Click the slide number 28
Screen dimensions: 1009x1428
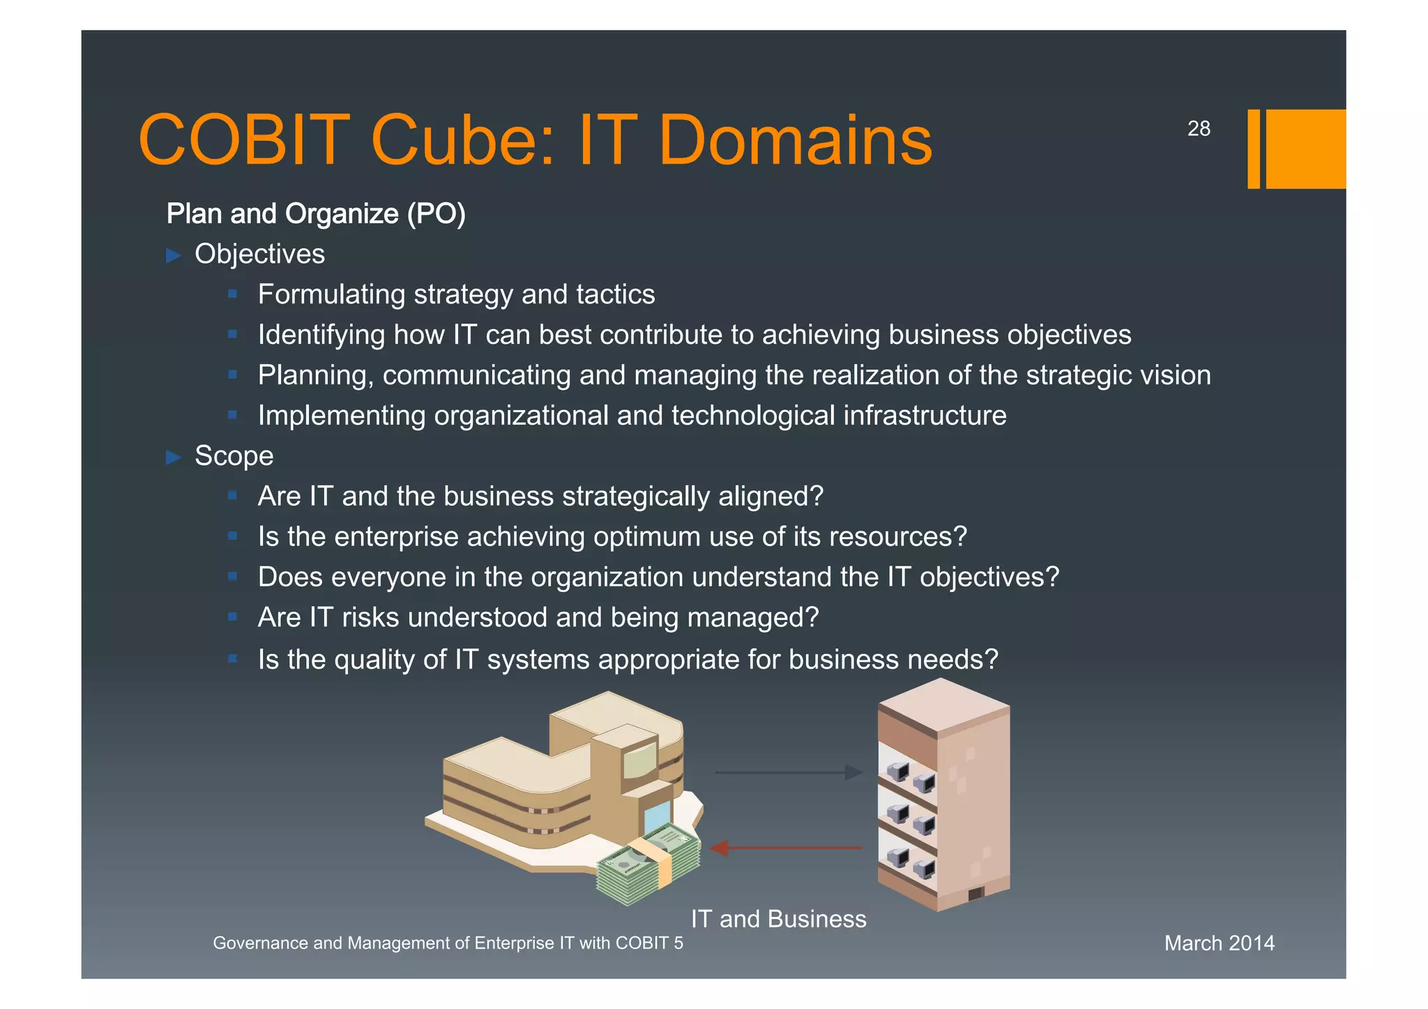point(1199,129)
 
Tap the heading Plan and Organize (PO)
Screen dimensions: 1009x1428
point(316,213)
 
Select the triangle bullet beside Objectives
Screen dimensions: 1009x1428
point(174,255)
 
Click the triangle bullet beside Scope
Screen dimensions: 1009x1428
point(174,457)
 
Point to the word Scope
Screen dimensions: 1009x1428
point(234,456)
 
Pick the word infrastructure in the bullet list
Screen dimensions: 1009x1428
point(925,416)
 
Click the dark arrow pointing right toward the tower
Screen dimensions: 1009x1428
point(788,772)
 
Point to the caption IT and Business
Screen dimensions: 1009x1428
point(778,919)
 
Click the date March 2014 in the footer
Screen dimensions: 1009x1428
point(1219,943)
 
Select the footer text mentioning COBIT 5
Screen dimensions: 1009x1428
point(448,943)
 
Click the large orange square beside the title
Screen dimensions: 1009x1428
point(1305,149)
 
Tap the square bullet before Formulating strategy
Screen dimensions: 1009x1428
point(233,294)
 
